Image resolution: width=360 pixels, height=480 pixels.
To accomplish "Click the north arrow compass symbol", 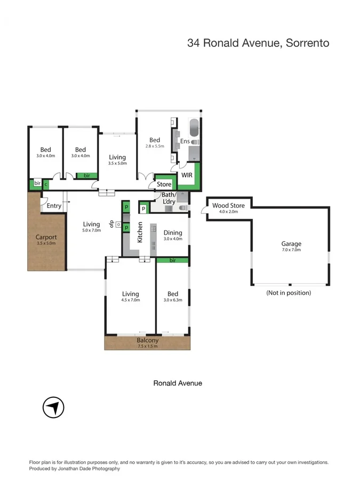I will (53, 408).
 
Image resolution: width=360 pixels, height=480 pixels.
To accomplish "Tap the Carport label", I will (46, 237).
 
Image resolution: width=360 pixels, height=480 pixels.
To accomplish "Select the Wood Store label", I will (228, 205).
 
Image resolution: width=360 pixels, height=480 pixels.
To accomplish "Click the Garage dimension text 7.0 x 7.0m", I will (291, 250).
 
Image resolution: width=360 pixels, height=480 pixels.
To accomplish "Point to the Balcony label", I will (147, 340).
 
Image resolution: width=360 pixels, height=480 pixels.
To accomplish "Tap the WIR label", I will (187, 175).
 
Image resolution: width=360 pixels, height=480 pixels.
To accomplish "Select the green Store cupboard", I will (164, 185).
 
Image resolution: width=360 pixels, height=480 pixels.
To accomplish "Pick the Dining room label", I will (173, 233).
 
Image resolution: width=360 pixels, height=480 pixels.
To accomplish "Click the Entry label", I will (54, 206).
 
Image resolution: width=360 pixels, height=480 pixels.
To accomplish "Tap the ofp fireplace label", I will (112, 223).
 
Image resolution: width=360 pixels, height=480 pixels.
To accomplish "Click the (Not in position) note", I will (289, 293).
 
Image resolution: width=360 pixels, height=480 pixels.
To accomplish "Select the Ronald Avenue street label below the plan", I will (178, 383).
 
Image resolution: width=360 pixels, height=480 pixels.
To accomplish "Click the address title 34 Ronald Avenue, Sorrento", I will (258, 43).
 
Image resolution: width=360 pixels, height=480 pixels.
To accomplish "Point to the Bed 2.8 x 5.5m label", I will (155, 142).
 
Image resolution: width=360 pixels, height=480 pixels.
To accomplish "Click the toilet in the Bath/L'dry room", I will (183, 208).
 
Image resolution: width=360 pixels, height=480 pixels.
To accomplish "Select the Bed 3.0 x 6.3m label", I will (173, 297).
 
